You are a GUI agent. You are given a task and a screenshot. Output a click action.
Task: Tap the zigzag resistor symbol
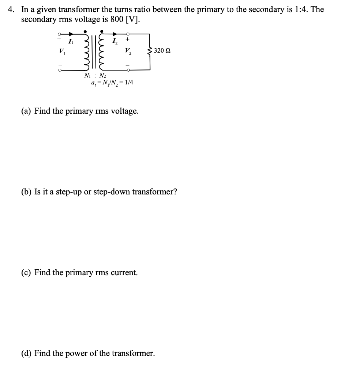click(x=149, y=50)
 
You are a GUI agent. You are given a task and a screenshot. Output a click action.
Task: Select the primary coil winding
click(x=87, y=51)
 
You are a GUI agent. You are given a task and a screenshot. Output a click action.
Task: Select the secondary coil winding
click(x=102, y=51)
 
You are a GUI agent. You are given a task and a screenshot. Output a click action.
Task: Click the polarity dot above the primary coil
click(x=85, y=31)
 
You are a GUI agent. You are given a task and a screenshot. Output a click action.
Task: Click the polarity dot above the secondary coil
click(x=102, y=31)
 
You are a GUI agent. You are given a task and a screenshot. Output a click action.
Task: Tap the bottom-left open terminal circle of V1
click(x=58, y=69)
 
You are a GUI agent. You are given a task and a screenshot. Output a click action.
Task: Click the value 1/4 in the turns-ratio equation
click(x=129, y=83)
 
